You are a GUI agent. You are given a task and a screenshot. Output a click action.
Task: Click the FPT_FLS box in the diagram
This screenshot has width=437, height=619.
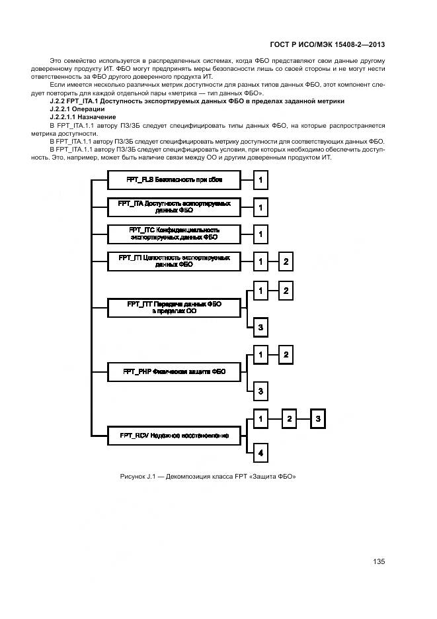[174, 179]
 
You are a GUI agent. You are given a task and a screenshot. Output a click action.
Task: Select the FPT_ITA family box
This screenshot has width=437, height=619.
[174, 207]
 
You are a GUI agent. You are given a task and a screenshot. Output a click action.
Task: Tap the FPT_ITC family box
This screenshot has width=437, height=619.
[174, 234]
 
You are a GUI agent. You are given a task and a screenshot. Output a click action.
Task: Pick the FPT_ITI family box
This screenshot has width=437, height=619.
[174, 261]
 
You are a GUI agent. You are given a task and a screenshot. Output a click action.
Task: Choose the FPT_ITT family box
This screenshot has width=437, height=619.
[174, 308]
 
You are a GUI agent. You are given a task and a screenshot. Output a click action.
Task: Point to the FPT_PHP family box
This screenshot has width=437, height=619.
[174, 372]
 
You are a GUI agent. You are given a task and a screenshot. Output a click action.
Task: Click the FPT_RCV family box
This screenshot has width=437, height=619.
[174, 436]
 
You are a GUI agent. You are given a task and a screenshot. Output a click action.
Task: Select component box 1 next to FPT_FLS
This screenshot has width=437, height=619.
[260, 180]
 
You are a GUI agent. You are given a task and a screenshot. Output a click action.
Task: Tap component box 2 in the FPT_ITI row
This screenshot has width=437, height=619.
[286, 262]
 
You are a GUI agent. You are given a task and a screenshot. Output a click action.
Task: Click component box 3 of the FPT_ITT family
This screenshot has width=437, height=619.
[260, 327]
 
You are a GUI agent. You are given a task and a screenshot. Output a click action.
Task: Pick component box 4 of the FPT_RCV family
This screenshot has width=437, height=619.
[260, 453]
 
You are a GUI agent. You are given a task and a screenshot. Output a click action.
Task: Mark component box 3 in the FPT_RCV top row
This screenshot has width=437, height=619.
[318, 418]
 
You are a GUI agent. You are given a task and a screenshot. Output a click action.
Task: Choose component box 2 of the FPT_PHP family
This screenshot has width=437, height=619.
[286, 355]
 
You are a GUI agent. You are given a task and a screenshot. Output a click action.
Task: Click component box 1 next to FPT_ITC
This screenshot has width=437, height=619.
[260, 234]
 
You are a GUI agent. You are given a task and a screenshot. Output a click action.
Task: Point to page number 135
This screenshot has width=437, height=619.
[379, 561]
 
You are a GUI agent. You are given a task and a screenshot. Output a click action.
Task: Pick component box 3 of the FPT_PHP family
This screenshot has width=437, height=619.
[260, 391]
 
